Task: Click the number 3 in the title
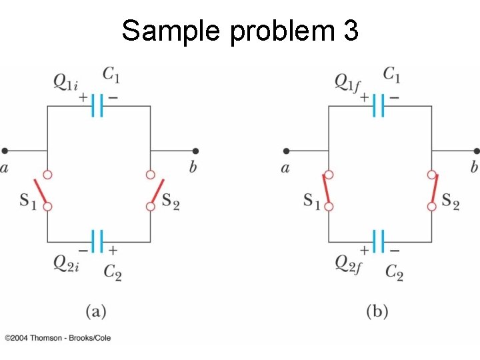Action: tap(350, 31)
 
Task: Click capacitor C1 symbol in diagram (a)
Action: tap(98, 105)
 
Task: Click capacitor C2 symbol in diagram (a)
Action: tap(98, 241)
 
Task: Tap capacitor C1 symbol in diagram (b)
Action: tap(379, 105)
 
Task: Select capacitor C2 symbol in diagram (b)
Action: tap(379, 241)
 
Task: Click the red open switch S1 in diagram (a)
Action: tap(43, 191)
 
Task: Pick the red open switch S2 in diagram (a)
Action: tap(155, 191)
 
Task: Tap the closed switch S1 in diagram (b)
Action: tap(326, 190)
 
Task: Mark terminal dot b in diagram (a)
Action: tap(195, 151)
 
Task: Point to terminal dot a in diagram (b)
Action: tap(286, 151)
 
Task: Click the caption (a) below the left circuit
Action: tap(96, 310)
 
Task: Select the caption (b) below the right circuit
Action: tap(377, 310)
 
